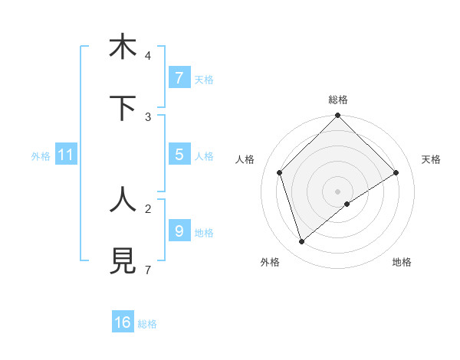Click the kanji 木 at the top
point(123,47)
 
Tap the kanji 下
point(123,108)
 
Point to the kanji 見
point(123,261)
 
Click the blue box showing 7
point(179,77)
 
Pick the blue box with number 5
point(179,155)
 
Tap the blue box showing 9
point(179,231)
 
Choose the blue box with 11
point(66,155)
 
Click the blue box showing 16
point(123,322)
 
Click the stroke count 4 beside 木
point(147,56)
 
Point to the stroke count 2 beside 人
point(147,208)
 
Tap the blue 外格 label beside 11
point(41,155)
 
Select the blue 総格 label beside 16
point(147,324)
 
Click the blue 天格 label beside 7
point(204,79)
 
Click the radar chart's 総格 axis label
point(338,100)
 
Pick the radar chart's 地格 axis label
point(402,262)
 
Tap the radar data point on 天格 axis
point(396,172)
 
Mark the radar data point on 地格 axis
point(347,204)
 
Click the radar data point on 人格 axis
point(280,172)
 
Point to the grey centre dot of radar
point(338,191)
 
